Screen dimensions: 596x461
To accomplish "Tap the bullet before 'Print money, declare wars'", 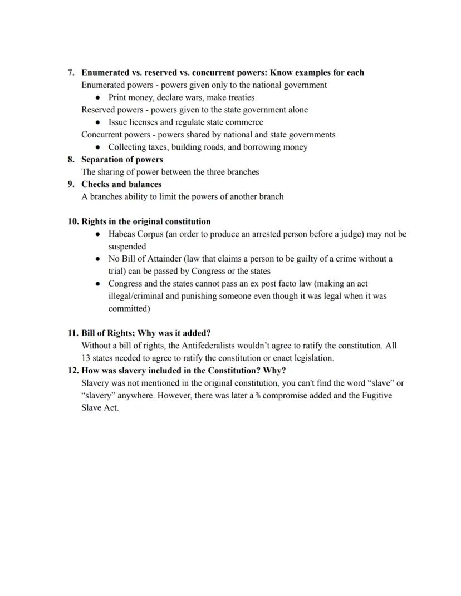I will point(98,98).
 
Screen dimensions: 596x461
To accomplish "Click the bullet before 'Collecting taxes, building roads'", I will point(98,147).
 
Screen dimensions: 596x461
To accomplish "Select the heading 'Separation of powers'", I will point(122,160).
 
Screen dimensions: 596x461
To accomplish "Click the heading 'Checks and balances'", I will point(121,184).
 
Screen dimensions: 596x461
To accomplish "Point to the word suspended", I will point(127,247).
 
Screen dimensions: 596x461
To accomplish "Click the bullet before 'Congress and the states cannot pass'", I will point(98,284).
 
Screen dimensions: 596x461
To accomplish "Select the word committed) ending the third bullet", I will point(129,309).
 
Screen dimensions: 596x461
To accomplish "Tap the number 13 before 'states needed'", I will point(86,358).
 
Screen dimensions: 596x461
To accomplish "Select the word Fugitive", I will point(376,396).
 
